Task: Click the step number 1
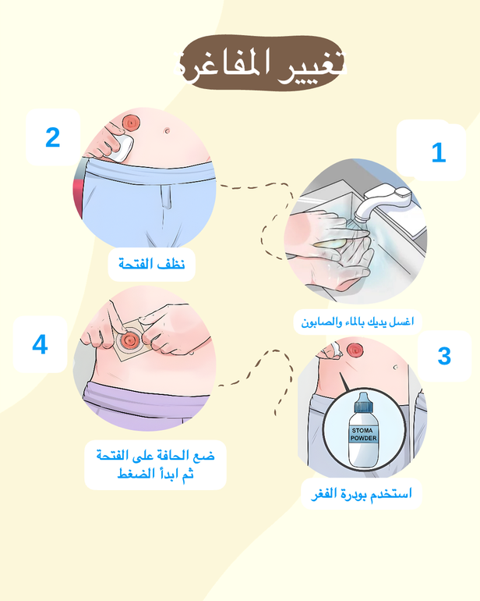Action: click(439, 152)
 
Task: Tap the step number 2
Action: click(53, 137)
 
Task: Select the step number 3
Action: click(444, 356)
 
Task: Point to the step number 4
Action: click(40, 344)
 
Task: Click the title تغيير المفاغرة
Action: click(260, 64)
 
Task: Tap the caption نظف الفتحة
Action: click(152, 264)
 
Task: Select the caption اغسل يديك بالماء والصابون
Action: click(358, 322)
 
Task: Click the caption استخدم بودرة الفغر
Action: click(362, 493)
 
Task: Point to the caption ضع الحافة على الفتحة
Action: click(155, 456)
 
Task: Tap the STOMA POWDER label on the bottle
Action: click(363, 434)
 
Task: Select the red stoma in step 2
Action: click(131, 123)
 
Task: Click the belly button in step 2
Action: click(167, 130)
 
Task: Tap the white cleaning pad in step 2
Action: click(121, 148)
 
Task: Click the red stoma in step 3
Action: click(355, 350)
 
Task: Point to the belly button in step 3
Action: click(395, 367)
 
